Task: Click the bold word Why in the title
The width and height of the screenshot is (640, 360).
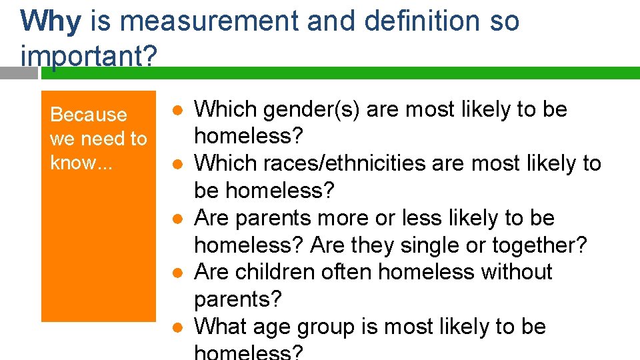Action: coord(51,21)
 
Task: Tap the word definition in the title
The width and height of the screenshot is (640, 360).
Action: coord(422,21)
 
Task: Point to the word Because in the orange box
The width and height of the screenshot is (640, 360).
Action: coord(89,115)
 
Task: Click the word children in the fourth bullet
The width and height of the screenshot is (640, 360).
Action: coord(287,273)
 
